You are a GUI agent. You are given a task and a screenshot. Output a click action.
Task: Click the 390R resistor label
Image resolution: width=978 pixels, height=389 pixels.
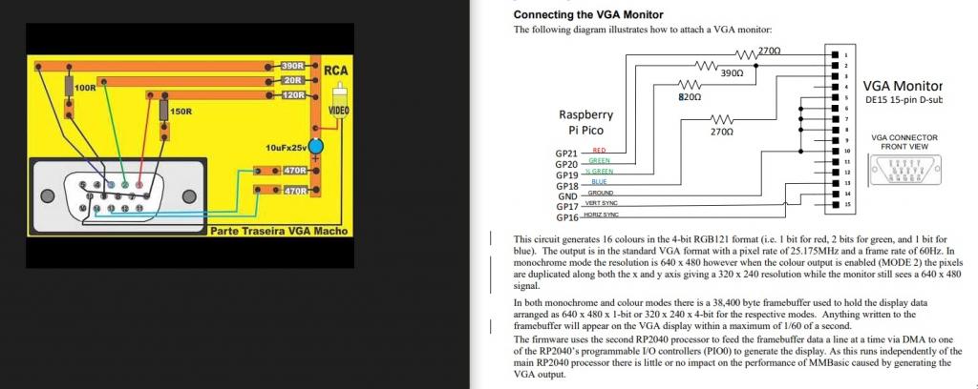[x=291, y=66]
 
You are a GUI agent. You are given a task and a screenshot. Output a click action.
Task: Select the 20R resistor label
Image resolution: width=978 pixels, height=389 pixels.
[x=293, y=80]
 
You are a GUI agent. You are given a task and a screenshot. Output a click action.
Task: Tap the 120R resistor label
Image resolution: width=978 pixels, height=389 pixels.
[x=293, y=95]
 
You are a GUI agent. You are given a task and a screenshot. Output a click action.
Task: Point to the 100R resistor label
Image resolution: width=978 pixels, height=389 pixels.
[x=84, y=88]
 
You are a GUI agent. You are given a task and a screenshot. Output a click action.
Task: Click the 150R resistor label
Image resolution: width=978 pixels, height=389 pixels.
[x=181, y=112]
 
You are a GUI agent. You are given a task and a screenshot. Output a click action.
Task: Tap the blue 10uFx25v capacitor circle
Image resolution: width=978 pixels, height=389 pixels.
[x=317, y=146]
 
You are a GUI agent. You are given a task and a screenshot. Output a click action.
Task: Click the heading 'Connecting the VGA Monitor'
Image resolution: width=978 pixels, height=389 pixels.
[x=588, y=14]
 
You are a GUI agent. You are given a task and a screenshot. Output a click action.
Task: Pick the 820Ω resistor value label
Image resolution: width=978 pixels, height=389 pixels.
[x=690, y=97]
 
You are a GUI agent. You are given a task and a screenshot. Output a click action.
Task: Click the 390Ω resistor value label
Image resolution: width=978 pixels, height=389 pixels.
[x=732, y=72]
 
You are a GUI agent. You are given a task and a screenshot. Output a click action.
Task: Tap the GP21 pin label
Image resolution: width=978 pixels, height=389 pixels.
[x=566, y=154]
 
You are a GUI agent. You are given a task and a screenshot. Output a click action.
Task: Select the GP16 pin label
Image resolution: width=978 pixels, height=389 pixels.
[x=566, y=217]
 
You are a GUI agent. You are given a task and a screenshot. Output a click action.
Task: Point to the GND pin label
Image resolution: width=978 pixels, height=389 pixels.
[x=568, y=196]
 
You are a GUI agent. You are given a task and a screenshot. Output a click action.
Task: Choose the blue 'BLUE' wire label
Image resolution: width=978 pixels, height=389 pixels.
[x=599, y=181]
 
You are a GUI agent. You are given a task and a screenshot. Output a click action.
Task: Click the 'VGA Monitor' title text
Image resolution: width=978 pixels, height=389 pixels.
[x=903, y=86]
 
